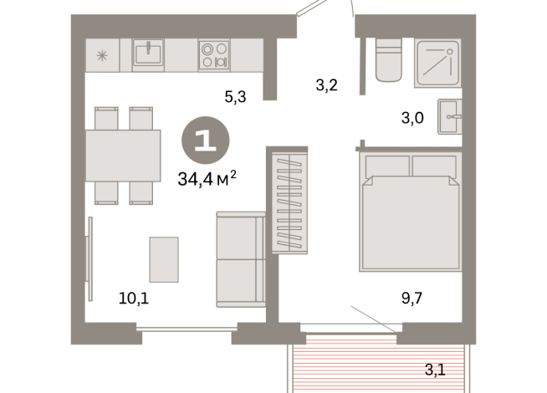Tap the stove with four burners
[214, 55]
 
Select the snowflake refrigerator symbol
[102, 56]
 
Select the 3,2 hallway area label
[325, 84]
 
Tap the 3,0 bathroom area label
[412, 118]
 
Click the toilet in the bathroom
[390, 61]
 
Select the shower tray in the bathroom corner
[440, 61]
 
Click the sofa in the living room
[241, 259]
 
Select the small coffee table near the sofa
[164, 259]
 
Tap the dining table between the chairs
[123, 155]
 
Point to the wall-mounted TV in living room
[89, 259]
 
